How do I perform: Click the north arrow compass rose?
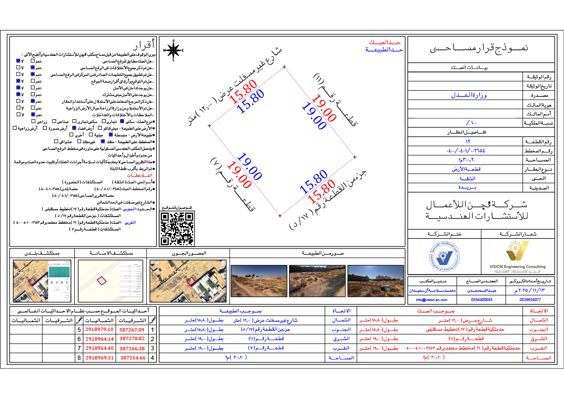coord(174,50)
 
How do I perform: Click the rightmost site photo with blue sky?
coord(375,280)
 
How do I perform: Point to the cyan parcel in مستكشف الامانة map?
coord(102,281)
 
